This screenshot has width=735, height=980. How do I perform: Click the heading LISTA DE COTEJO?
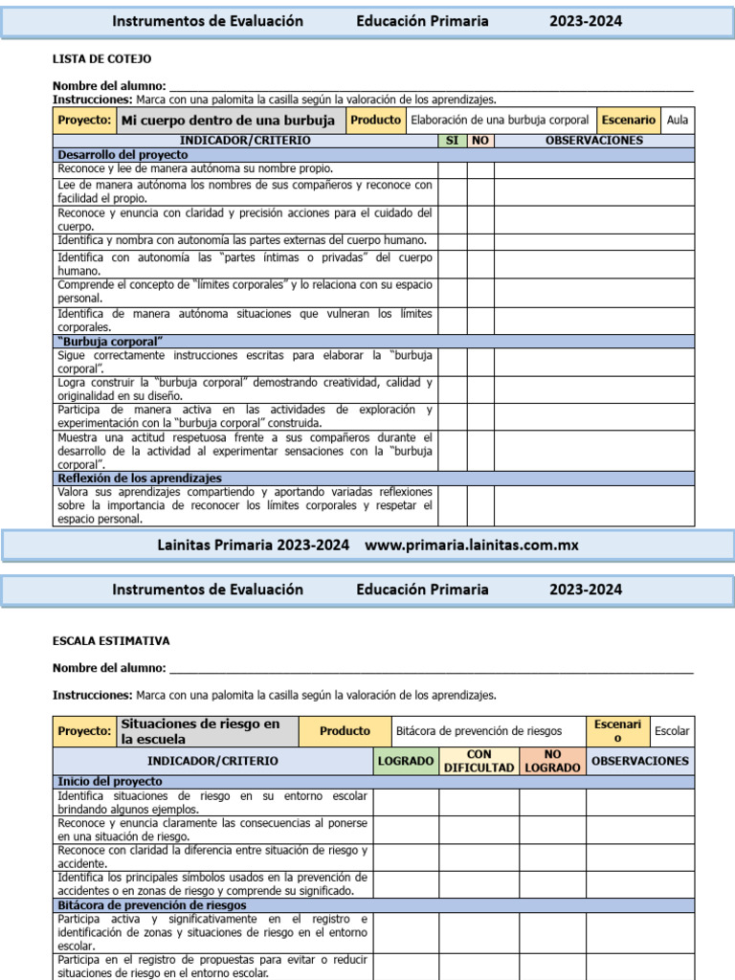[x=101, y=59]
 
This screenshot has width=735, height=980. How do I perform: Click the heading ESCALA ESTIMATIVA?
[x=111, y=641]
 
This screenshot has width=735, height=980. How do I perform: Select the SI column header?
[x=452, y=141]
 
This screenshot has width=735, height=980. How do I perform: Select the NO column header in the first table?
[x=480, y=141]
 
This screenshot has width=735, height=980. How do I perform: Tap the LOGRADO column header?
[x=406, y=761]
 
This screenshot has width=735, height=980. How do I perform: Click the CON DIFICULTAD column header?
[x=479, y=761]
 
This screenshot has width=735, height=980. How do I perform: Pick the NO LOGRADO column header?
[x=552, y=761]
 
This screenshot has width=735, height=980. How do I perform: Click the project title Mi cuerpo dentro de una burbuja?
[x=227, y=121]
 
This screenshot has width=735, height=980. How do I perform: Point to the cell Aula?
[x=678, y=121]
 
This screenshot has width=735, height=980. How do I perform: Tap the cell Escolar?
[x=672, y=731]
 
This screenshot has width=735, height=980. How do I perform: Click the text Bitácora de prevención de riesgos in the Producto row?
[x=479, y=731]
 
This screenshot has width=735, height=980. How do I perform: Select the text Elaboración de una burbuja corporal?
[x=500, y=121]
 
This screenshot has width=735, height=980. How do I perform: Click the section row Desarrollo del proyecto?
[x=123, y=154]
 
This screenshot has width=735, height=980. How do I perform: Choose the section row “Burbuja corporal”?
[x=110, y=342]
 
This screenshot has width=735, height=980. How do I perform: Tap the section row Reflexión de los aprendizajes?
[x=140, y=478]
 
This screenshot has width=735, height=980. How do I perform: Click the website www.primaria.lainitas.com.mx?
[x=472, y=546]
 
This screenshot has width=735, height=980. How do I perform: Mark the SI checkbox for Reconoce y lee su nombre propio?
[x=452, y=169]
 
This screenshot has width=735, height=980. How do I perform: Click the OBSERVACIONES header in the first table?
[x=593, y=141]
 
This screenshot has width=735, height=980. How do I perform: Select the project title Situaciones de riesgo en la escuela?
[x=200, y=731]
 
